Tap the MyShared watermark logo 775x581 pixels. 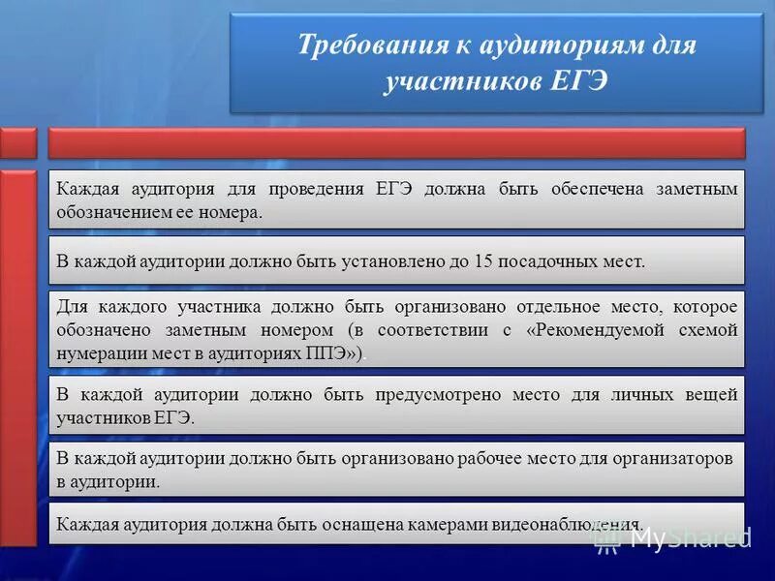coord(674,536)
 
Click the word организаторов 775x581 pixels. coord(675,458)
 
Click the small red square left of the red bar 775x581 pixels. coord(18,142)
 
